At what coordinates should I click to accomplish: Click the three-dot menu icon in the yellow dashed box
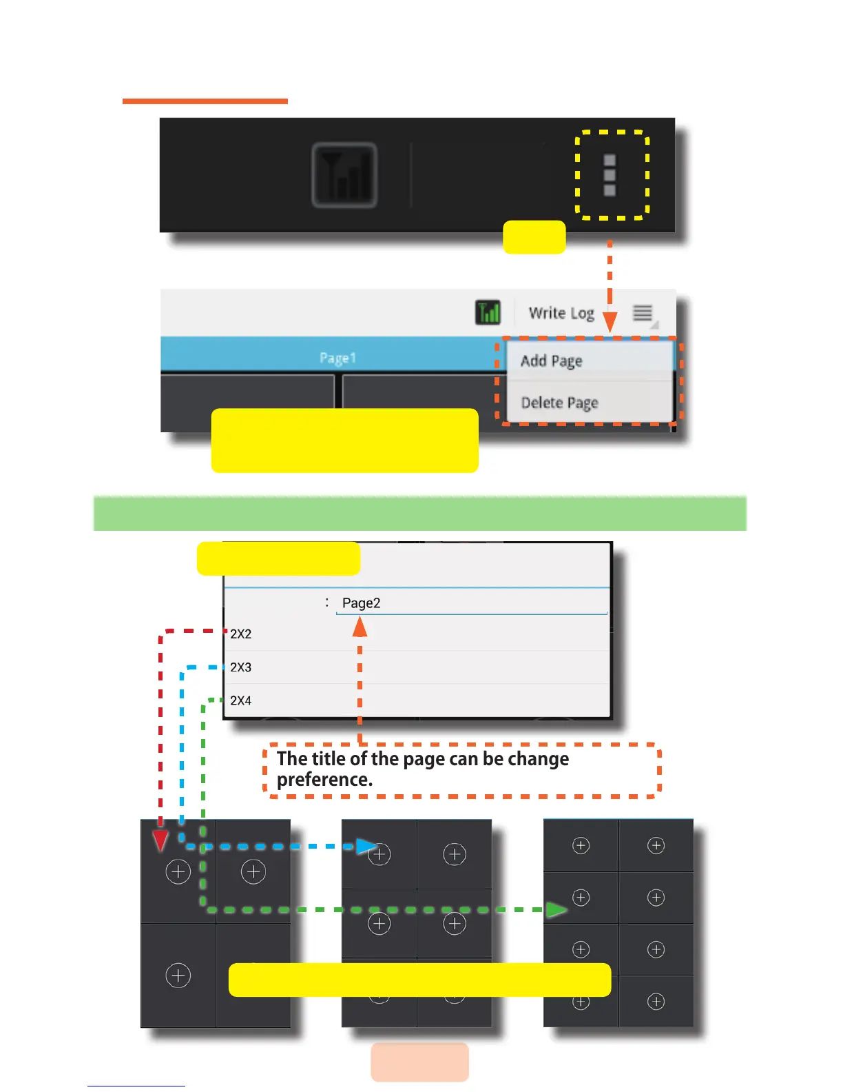pos(610,175)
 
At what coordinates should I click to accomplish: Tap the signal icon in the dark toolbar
pos(344,175)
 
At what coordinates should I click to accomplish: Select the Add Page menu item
pos(552,361)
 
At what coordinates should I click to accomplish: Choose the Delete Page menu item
pos(559,403)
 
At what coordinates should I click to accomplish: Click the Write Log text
pos(561,313)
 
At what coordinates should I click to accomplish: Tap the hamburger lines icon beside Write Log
pos(643,313)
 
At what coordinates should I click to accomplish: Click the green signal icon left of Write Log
pos(488,312)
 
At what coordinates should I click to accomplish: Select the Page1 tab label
pos(337,357)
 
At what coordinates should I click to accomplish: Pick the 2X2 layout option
pos(241,634)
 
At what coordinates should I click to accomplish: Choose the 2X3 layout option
pos(241,667)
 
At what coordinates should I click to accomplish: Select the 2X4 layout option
pos(241,700)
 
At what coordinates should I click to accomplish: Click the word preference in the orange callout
pos(324,780)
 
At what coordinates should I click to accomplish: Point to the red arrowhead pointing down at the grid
pos(160,840)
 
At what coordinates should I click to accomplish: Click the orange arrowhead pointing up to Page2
pos(360,627)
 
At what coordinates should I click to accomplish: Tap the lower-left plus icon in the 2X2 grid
pos(178,975)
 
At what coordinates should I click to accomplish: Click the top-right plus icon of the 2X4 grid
pos(656,846)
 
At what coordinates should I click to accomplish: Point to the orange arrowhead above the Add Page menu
pos(610,322)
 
